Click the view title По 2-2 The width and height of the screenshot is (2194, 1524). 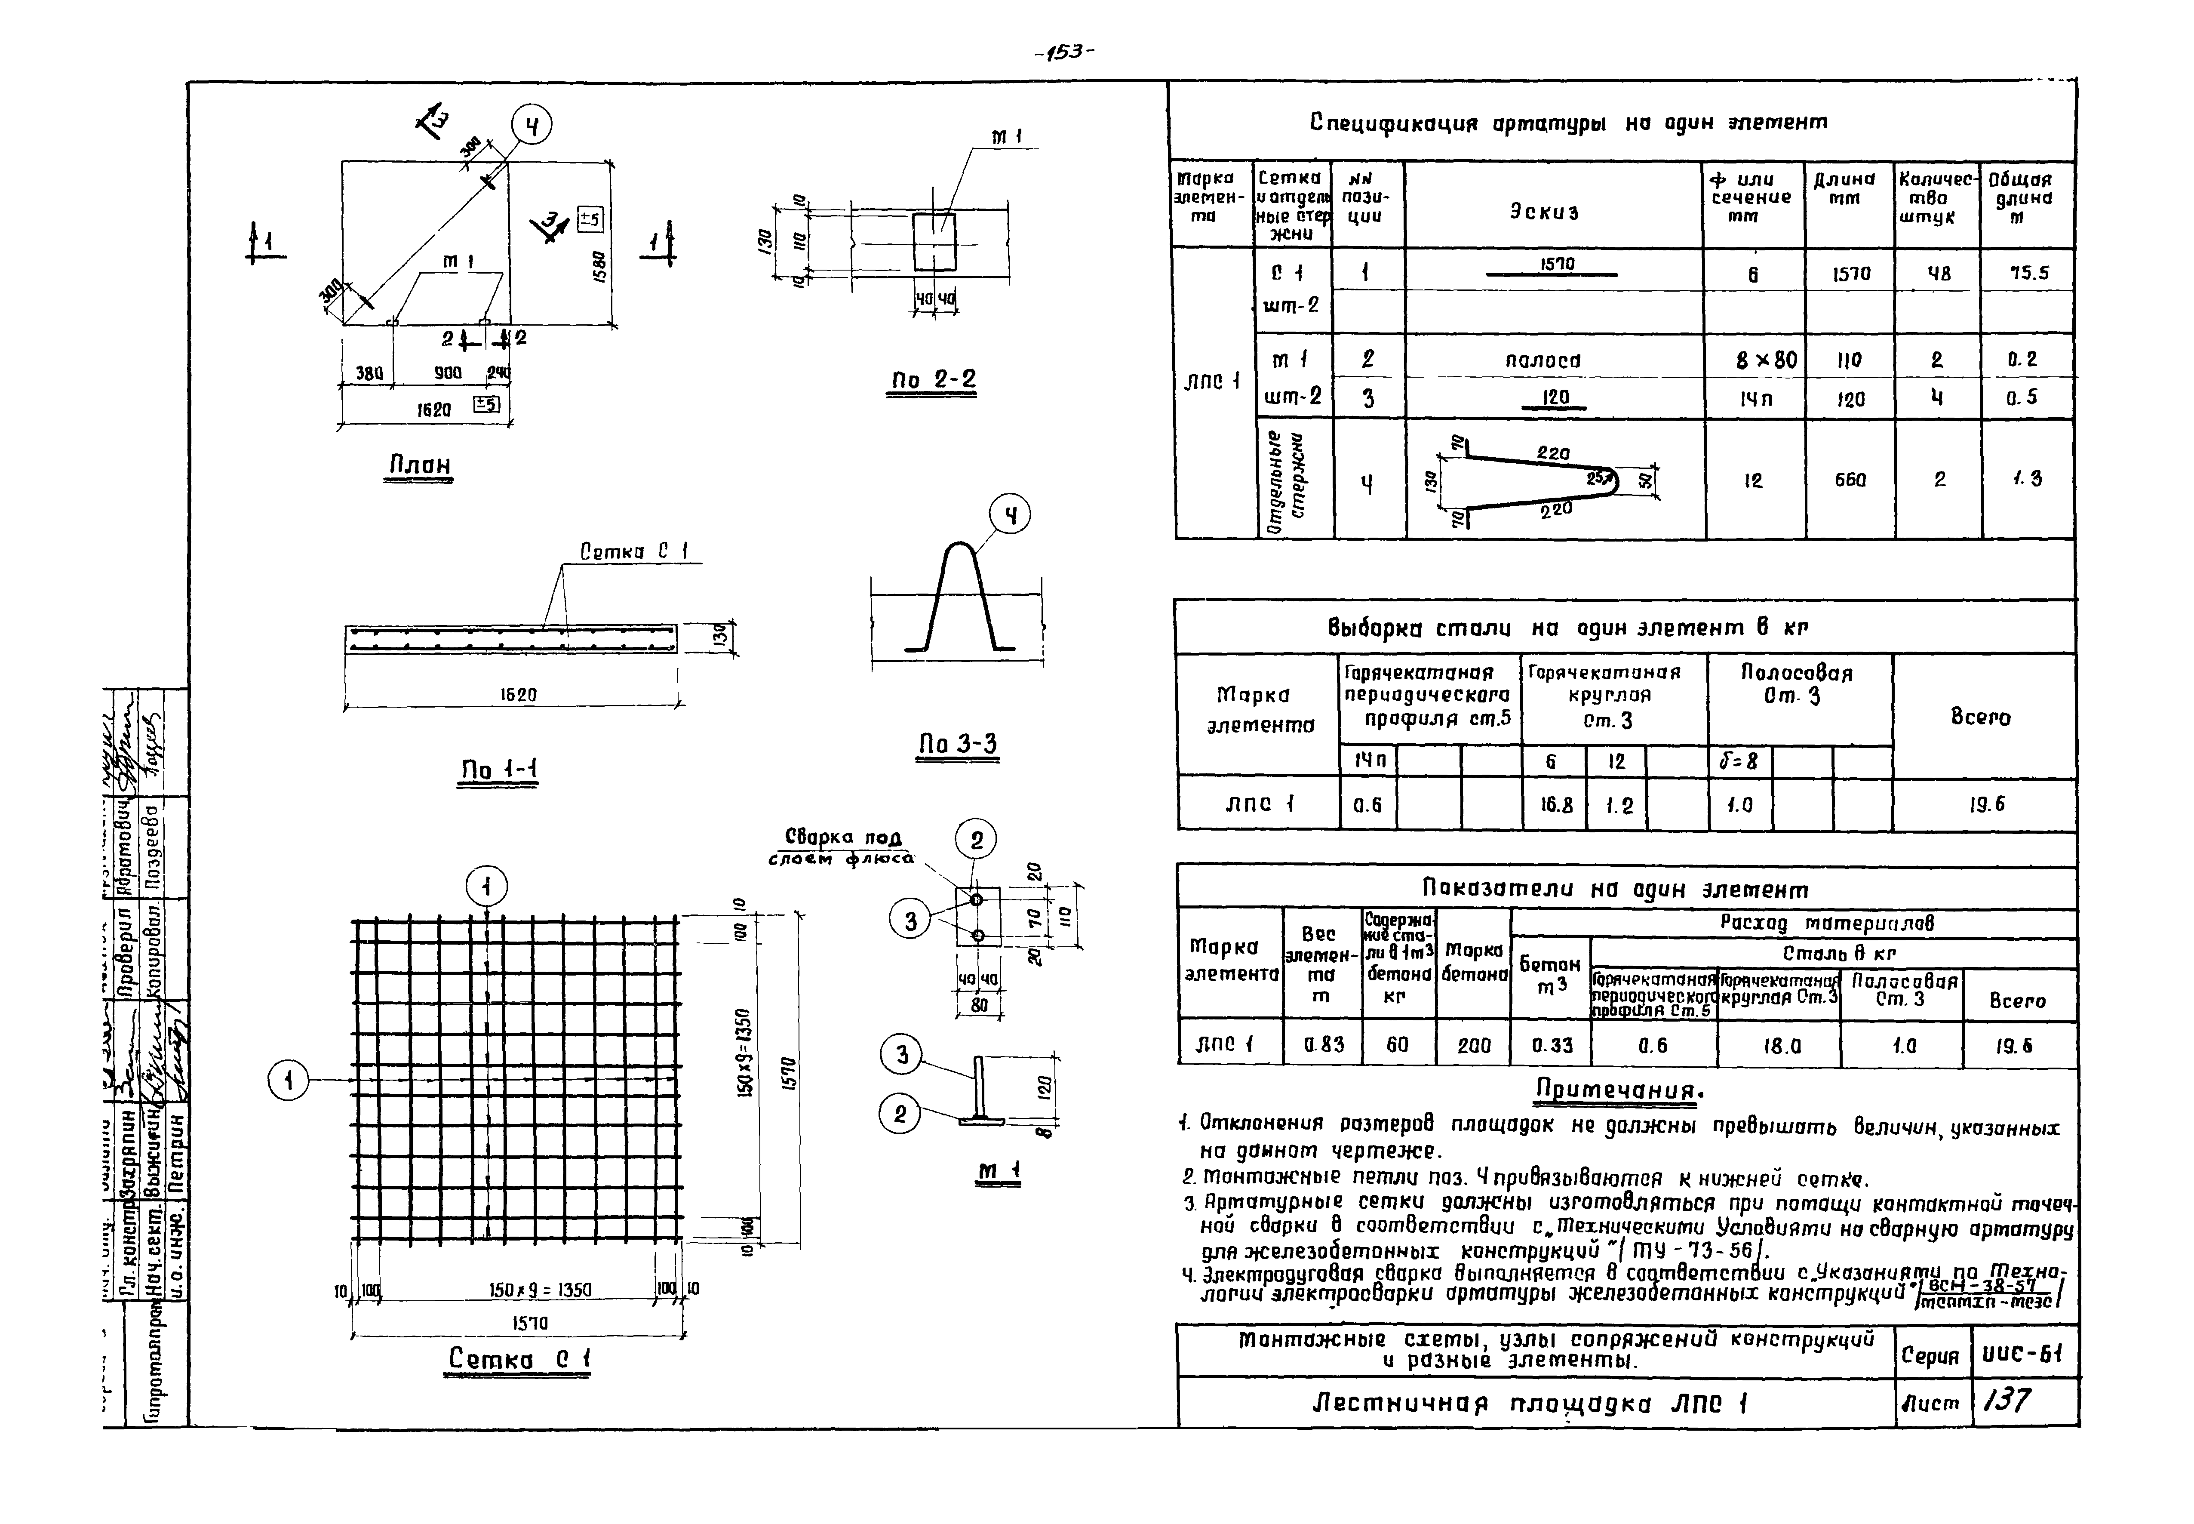(933, 380)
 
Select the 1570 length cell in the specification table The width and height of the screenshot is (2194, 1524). (1850, 274)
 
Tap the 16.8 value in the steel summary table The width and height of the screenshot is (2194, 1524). (1555, 805)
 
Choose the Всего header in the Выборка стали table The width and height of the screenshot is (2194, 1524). (1980, 717)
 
